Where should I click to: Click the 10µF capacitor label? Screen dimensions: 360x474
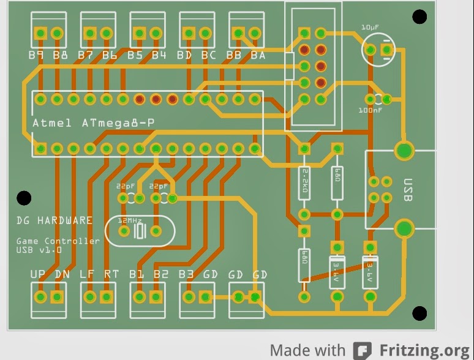point(370,28)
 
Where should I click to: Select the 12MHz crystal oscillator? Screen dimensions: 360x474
point(140,231)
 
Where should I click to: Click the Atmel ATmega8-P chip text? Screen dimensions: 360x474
point(93,123)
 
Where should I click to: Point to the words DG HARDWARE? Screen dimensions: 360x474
point(55,220)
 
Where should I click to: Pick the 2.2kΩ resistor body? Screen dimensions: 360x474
point(304,182)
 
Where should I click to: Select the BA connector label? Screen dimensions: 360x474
point(258,56)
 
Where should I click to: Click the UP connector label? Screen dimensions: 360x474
point(38,275)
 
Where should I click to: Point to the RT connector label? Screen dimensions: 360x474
point(111,275)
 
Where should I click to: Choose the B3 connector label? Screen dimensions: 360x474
point(186,275)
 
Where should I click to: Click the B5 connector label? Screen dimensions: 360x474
point(135,56)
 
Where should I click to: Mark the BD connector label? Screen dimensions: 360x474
point(184,56)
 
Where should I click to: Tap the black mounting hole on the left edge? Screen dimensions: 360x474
point(24,198)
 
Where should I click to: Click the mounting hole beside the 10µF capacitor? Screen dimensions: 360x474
point(419,17)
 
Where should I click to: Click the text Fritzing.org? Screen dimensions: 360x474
point(424,350)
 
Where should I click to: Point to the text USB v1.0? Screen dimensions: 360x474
point(39,250)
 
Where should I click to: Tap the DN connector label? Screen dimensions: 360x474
point(62,275)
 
